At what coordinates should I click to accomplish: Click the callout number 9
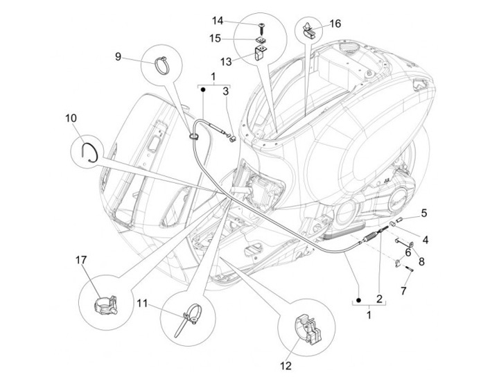tap(118, 55)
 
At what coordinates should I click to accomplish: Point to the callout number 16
tap(335, 24)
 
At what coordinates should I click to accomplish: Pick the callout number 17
tap(80, 260)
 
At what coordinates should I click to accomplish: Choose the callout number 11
tap(142, 302)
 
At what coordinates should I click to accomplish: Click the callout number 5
tap(423, 213)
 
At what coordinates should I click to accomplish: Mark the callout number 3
tap(225, 90)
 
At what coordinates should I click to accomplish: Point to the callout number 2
tap(379, 299)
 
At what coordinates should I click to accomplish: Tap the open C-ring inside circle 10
tap(91, 150)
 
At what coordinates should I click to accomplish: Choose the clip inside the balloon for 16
tap(310, 30)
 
